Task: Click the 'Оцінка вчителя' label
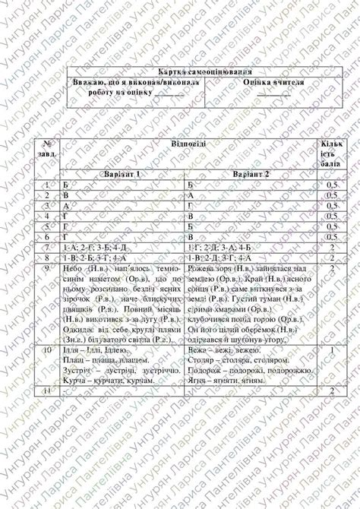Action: coord(273,82)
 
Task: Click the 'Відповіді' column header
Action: coord(184,143)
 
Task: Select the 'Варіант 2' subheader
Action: coord(251,174)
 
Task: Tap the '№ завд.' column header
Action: coord(47,148)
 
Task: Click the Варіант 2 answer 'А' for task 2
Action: coord(191,195)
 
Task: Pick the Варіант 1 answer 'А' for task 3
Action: coord(67,205)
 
